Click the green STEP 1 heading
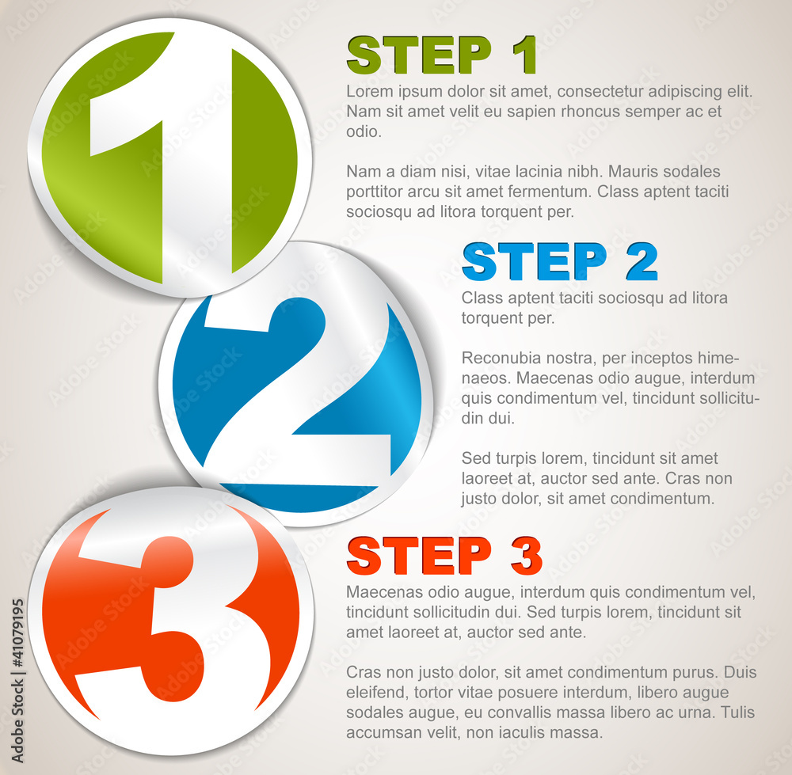[x=441, y=55]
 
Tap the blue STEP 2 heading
[x=560, y=261]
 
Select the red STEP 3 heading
[x=444, y=556]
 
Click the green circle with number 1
[x=169, y=158]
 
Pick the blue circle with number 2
[x=296, y=385]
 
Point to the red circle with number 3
[x=171, y=621]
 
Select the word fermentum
[x=550, y=192]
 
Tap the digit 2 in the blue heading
[x=642, y=261]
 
